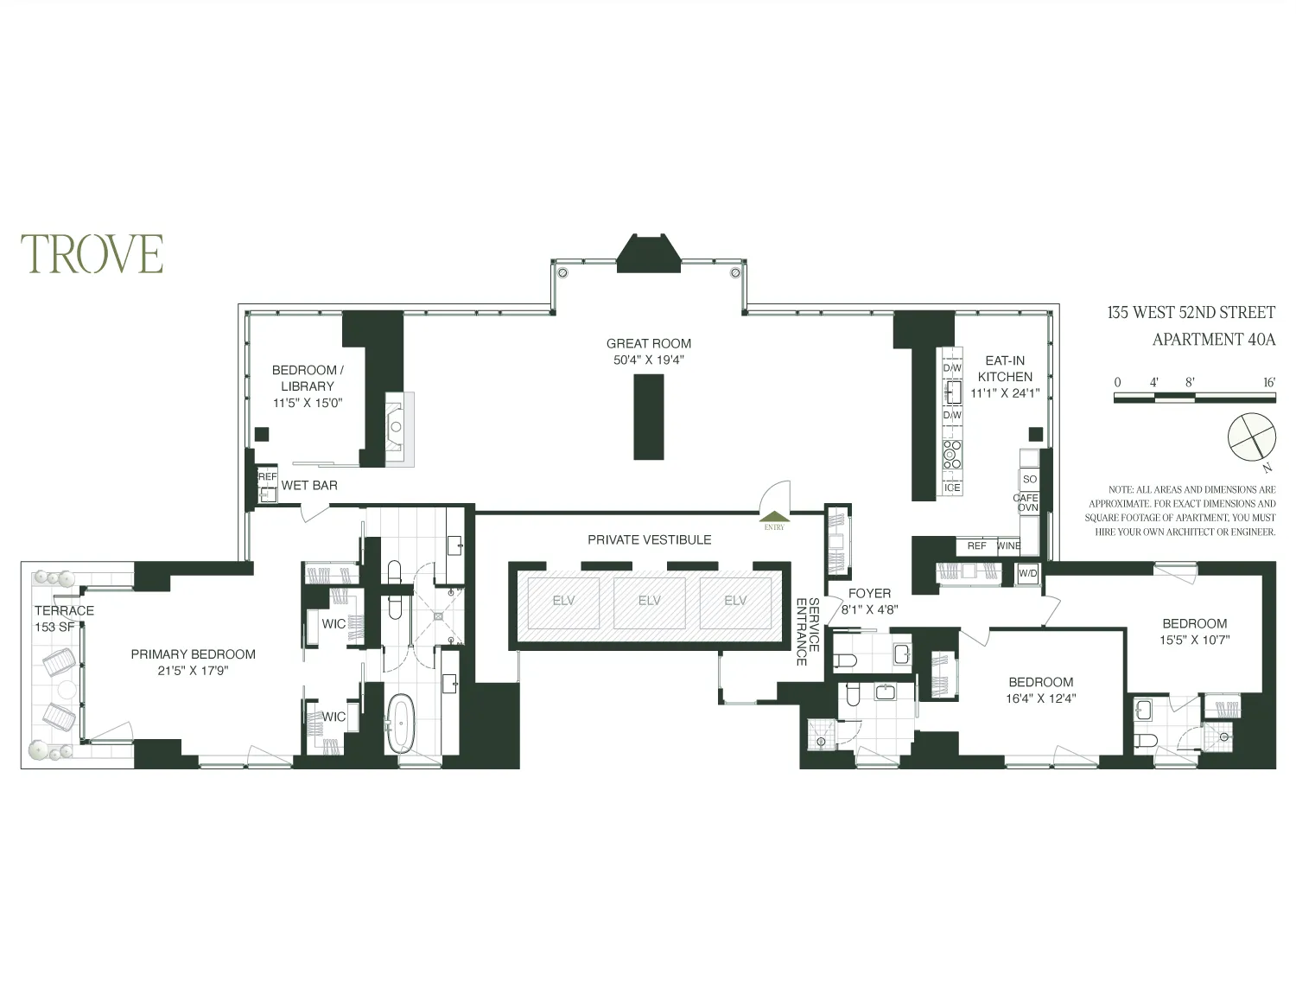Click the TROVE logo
(x=92, y=253)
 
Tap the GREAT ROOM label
(x=648, y=343)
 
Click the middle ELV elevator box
(x=649, y=602)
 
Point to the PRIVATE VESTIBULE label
(x=649, y=539)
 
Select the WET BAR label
(x=309, y=485)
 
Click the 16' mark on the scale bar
(x=1268, y=382)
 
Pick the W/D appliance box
(x=1027, y=573)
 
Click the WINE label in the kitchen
(x=1008, y=546)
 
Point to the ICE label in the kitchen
(x=952, y=488)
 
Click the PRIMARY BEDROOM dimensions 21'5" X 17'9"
(x=194, y=670)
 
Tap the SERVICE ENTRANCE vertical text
(x=807, y=631)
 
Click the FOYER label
(x=869, y=593)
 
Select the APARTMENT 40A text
(x=1213, y=340)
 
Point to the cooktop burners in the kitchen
(x=952, y=453)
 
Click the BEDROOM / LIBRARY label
(x=308, y=378)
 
